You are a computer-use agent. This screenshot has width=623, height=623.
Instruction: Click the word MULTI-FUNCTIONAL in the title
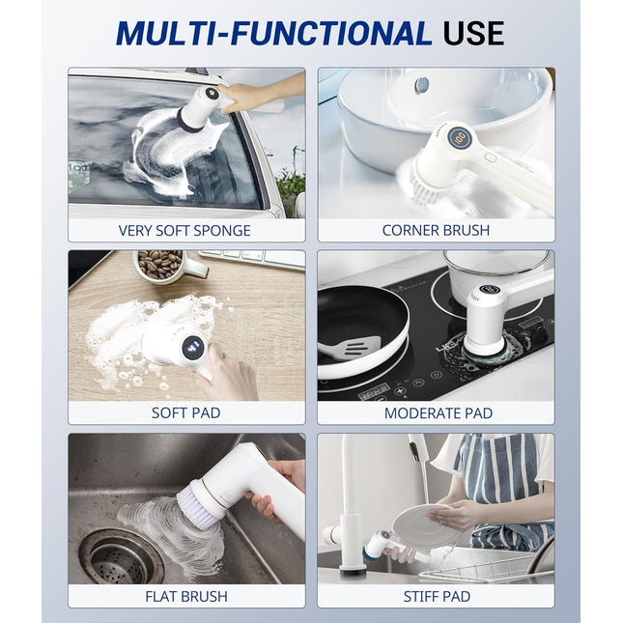click(x=273, y=33)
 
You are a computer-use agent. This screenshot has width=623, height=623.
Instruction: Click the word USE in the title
click(x=473, y=33)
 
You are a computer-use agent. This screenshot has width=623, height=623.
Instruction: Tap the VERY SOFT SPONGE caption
click(x=184, y=230)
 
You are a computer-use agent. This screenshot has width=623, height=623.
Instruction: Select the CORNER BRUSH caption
click(x=436, y=230)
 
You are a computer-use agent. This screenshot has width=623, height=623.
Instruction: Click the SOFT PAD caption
click(x=185, y=412)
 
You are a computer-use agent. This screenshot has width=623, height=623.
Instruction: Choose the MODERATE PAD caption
click(x=438, y=412)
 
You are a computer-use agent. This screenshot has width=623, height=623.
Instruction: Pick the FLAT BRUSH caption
click(x=185, y=596)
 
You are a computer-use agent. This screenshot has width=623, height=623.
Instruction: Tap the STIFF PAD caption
click(x=437, y=596)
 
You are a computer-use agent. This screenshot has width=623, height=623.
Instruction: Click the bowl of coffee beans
click(x=159, y=264)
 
